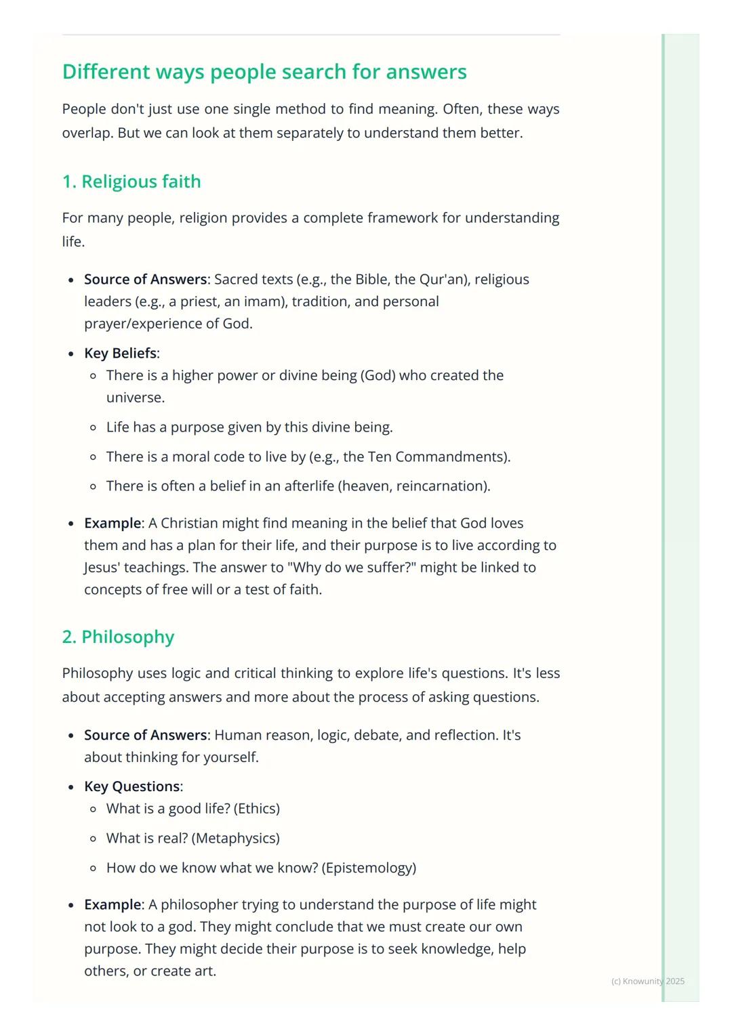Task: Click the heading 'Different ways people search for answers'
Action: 264,72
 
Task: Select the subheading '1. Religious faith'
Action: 131,182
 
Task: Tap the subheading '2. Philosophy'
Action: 118,637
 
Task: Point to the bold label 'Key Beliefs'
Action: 120,353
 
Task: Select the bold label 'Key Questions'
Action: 132,786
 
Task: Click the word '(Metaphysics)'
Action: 236,838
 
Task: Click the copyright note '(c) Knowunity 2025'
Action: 647,981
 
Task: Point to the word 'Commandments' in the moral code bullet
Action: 450,457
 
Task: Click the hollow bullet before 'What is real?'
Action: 93,839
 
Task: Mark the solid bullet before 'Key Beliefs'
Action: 71,354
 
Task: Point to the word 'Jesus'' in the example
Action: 102,567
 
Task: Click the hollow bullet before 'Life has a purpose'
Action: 93,427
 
